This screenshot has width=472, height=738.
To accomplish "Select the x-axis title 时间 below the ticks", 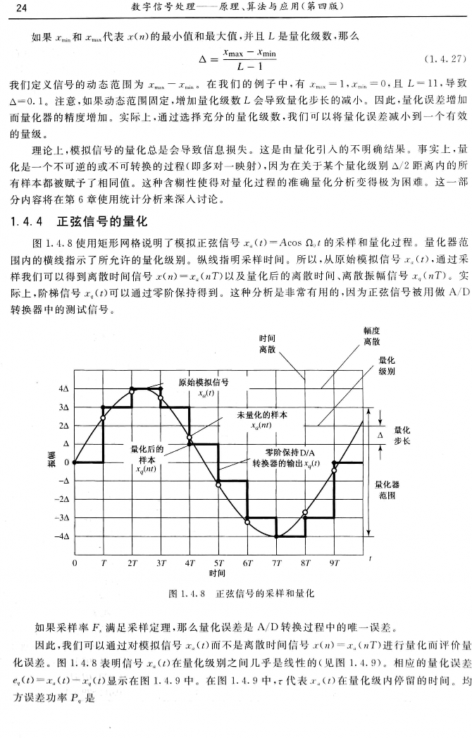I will click(218, 573).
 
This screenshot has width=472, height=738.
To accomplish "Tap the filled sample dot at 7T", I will click(276, 536).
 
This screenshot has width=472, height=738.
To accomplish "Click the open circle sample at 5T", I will click(218, 484).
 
